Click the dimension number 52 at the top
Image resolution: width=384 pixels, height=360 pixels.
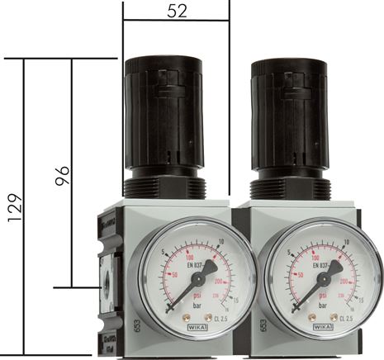pyautogui.click(x=176, y=12)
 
